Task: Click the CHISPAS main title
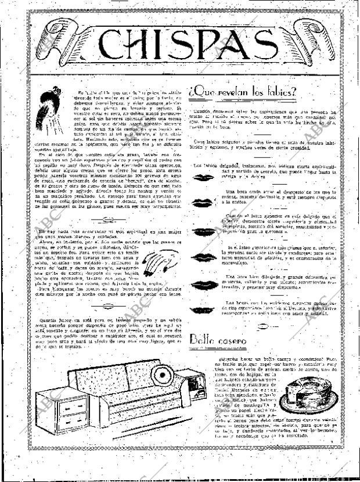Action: (179, 42)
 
